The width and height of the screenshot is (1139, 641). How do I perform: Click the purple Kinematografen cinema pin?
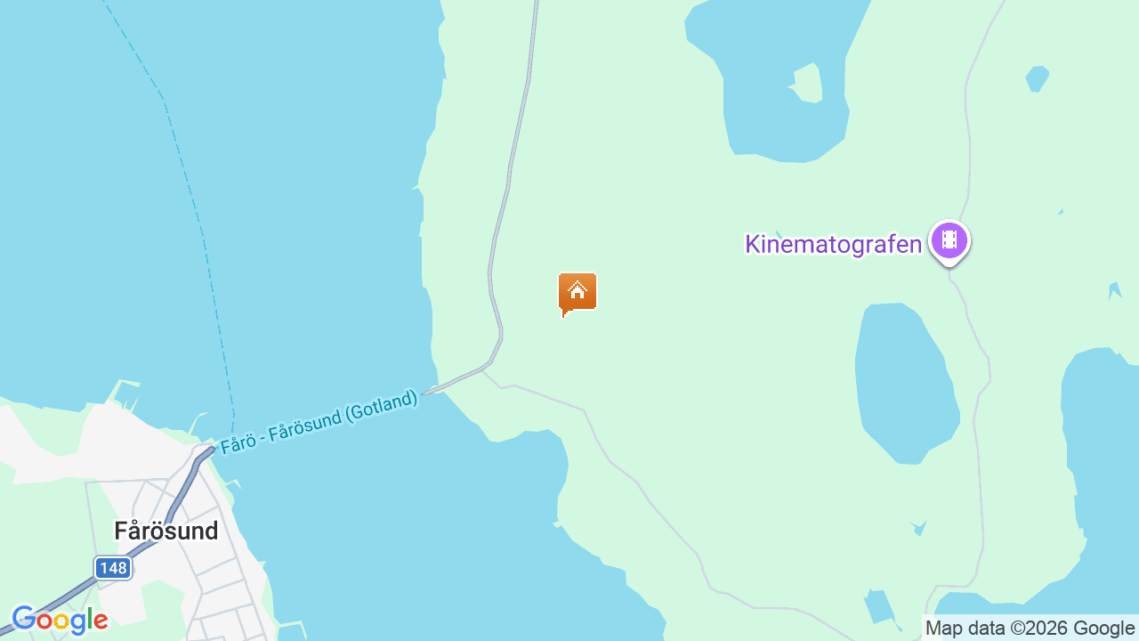tap(949, 240)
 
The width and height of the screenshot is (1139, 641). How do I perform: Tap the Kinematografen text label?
tap(833, 244)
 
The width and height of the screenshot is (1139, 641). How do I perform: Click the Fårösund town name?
tap(166, 531)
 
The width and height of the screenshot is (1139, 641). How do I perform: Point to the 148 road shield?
tap(113, 568)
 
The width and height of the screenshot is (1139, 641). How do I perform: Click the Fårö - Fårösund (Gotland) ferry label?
tap(319, 422)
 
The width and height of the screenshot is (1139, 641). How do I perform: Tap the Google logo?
tap(60, 620)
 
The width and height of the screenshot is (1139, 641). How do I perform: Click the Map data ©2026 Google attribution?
tap(1030, 628)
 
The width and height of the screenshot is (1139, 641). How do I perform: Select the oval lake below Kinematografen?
tap(903, 383)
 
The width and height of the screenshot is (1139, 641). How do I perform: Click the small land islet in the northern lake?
tap(808, 83)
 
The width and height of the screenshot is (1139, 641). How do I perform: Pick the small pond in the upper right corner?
tap(1037, 77)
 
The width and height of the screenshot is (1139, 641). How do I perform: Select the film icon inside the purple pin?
tap(949, 239)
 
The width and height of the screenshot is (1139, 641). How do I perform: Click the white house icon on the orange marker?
tap(578, 290)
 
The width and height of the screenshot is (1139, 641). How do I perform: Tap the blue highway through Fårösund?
tap(169, 516)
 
